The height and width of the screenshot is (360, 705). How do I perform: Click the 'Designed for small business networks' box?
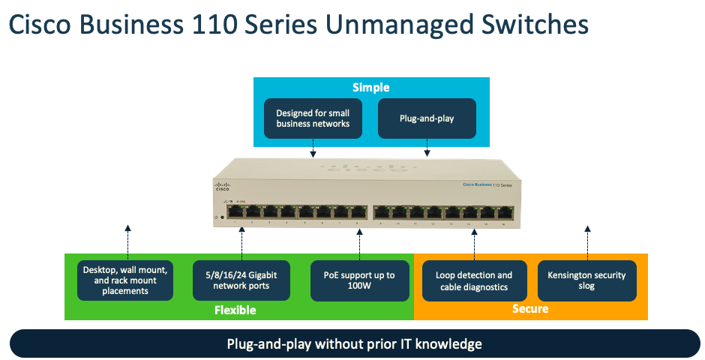313,118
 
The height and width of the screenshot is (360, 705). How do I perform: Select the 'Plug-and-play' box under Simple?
427,118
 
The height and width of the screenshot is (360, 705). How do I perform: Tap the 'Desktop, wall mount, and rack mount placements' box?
125,280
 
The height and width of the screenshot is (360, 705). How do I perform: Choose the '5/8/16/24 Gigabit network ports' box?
241,280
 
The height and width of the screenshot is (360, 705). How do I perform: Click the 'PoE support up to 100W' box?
359,280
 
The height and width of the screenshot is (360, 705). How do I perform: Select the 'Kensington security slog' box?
587,280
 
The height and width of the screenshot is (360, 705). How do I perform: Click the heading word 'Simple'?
370,88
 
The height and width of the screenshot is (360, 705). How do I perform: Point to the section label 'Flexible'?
235,310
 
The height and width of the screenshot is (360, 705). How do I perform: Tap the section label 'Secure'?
530,309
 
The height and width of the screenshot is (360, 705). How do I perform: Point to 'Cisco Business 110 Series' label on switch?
487,184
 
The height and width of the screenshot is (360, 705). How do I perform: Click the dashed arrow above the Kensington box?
587,241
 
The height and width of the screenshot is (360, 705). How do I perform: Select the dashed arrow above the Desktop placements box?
127,241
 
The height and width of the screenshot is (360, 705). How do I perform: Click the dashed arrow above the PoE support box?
359,244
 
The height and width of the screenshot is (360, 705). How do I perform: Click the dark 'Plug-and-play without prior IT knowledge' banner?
353,344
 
